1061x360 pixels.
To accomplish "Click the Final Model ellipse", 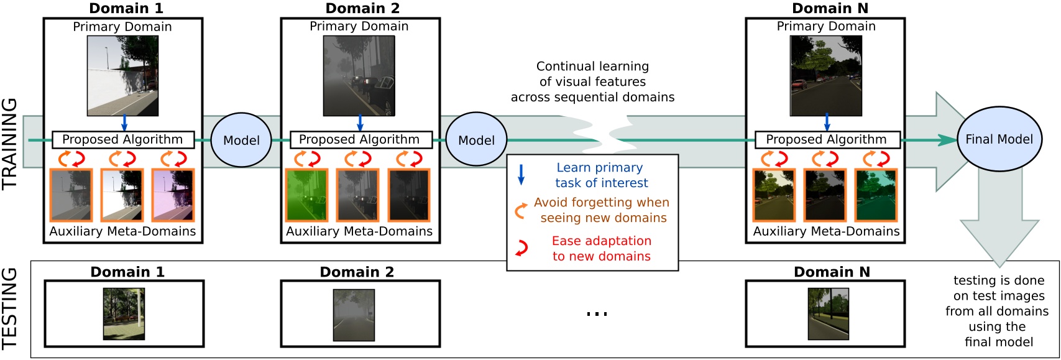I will click(x=999, y=139).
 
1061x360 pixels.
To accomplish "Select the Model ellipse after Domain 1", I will click(x=241, y=140).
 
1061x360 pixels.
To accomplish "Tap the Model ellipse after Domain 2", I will click(x=476, y=140).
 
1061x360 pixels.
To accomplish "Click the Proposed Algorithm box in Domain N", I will click(x=827, y=139).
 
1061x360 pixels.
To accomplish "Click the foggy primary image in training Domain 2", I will click(x=359, y=75).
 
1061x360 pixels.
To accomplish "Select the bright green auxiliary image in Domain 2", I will click(x=306, y=195).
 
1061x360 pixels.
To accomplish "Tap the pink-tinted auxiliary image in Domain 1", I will click(x=173, y=195).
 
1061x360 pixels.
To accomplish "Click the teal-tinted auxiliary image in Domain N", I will click(x=876, y=195).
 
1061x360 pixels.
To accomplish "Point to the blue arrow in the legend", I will click(x=521, y=175).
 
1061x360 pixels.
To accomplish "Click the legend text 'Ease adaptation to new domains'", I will click(x=601, y=248).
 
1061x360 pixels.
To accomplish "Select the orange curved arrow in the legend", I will click(x=521, y=211).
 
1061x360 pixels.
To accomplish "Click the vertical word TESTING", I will click(x=9, y=309).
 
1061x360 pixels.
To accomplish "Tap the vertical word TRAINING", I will click(x=9, y=144).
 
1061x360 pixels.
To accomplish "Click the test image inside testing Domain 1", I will click(x=124, y=313).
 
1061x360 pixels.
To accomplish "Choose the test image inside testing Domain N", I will click(x=828, y=313).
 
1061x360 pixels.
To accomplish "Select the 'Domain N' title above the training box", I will click(x=830, y=8).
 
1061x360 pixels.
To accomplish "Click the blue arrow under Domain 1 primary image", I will click(x=124, y=122).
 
